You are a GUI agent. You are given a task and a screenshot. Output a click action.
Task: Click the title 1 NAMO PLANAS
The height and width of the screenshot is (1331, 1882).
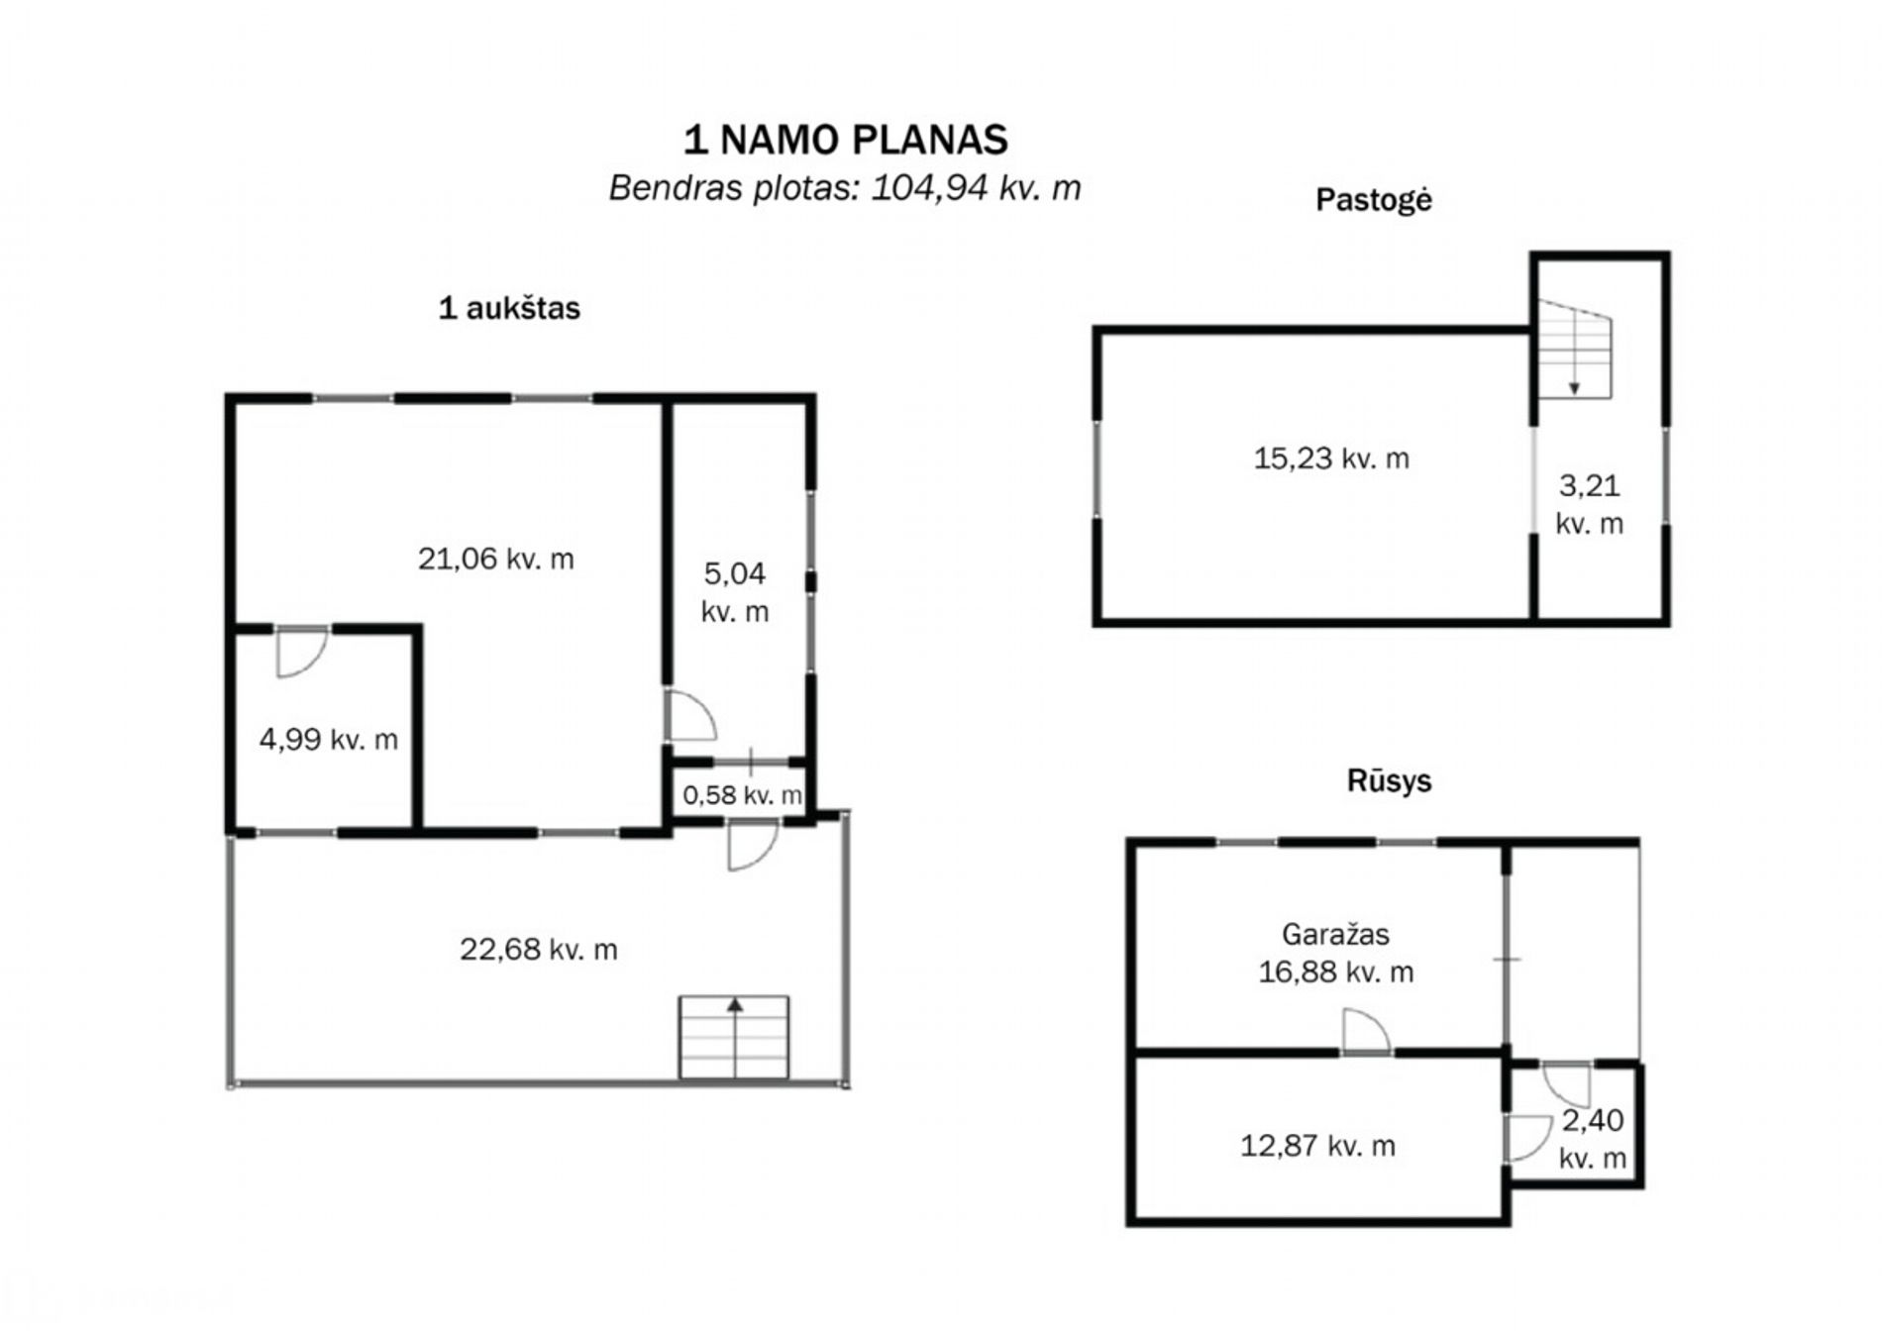click(x=846, y=140)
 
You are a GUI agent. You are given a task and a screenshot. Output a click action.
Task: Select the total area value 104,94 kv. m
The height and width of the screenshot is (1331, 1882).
click(x=976, y=187)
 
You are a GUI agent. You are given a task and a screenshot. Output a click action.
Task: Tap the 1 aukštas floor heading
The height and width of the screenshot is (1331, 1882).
click(x=509, y=308)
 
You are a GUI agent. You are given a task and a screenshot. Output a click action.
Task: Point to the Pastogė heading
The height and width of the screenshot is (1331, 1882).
click(x=1373, y=200)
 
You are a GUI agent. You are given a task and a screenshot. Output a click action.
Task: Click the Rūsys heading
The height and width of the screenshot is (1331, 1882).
click(x=1389, y=780)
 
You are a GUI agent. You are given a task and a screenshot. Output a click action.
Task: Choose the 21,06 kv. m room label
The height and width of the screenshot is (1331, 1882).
click(x=496, y=560)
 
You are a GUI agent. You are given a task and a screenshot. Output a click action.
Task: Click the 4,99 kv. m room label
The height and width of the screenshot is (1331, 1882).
click(x=329, y=739)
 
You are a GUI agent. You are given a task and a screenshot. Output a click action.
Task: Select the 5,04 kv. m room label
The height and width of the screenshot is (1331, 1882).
click(x=735, y=592)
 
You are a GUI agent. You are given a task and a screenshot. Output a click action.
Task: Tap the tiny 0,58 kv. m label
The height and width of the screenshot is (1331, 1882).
click(x=743, y=795)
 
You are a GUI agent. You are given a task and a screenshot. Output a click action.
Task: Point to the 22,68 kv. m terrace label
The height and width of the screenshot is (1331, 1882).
click(x=539, y=950)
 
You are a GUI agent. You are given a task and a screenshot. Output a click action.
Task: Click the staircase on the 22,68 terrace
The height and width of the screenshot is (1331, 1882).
click(x=734, y=1037)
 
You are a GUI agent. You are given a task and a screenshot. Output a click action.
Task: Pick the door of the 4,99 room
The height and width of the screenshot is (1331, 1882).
click(x=302, y=653)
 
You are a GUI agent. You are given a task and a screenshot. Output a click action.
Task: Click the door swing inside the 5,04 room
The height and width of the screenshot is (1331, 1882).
click(x=690, y=715)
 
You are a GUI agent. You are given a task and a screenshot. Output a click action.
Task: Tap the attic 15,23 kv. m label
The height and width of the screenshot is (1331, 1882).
click(x=1331, y=459)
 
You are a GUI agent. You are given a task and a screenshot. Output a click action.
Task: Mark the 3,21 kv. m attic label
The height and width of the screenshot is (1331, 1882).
click(x=1590, y=504)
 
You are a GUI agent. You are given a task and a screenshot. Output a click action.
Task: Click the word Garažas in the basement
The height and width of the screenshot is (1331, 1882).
click(x=1335, y=934)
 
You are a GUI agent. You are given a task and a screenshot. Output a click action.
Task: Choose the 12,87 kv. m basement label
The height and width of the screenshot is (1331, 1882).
click(x=1318, y=1146)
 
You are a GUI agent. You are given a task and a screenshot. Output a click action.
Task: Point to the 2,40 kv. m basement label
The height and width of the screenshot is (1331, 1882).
click(x=1593, y=1139)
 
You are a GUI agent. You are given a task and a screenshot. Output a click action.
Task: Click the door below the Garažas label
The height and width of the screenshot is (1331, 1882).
click(x=1366, y=1032)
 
